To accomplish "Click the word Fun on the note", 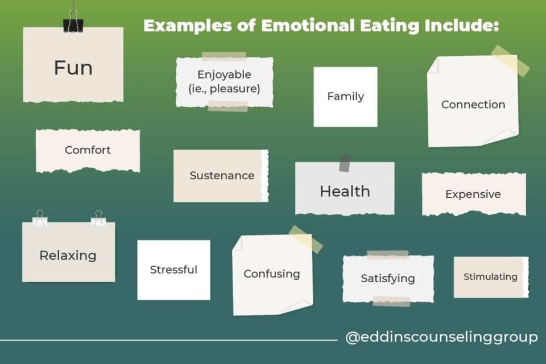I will (73, 68).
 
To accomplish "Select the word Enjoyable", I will (224, 75).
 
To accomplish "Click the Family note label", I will (345, 97).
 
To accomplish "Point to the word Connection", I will (473, 105).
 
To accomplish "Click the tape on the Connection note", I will (510, 61).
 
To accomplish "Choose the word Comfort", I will (88, 151).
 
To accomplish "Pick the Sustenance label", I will (222, 176).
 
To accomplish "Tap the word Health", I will (345, 192).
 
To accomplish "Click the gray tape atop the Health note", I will (345, 163).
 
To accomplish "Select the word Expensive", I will (473, 195).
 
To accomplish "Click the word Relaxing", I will (68, 256).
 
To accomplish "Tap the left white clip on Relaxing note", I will (40, 218).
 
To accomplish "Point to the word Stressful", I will (173, 270).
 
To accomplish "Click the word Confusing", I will (272, 274).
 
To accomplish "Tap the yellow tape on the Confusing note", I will (305, 239).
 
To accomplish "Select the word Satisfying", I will (388, 279).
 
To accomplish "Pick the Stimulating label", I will (490, 277).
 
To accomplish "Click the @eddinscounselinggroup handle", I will (441, 337).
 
